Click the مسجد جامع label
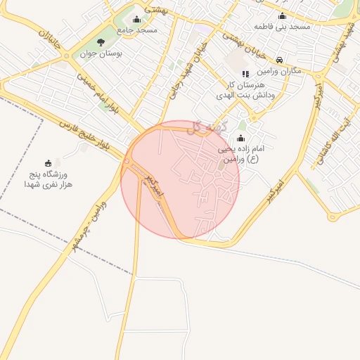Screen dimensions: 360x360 click(138, 30)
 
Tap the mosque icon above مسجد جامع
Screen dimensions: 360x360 click(136, 19)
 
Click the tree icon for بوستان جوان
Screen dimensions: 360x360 click(101, 42)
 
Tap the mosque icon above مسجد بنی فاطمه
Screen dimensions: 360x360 click(283, 15)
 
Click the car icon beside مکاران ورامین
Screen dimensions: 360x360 click(280, 60)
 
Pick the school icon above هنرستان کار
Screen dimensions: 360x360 click(245, 73)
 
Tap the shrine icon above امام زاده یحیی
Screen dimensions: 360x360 click(241, 138)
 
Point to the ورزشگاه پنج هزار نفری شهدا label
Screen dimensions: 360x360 click(48, 179)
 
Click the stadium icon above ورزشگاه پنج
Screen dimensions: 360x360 click(48, 163)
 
